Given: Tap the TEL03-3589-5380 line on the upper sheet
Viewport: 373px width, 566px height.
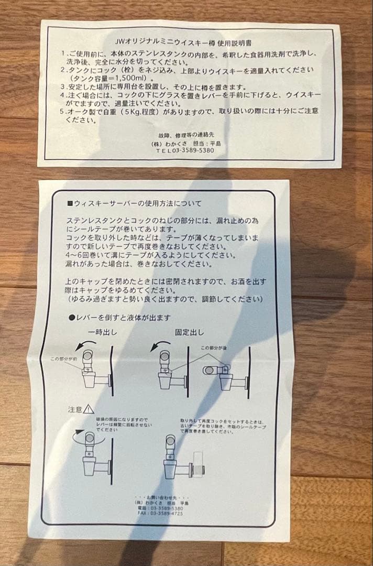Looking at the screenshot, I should point(185,150).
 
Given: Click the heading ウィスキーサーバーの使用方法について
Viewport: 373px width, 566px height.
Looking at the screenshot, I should point(138,203).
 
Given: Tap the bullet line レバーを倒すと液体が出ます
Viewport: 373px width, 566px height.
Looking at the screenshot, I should point(122,318).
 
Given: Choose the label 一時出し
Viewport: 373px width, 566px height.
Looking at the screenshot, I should point(103,332).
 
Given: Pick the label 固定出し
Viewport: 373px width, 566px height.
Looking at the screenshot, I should point(190,332).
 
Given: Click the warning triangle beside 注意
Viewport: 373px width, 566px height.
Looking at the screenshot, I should point(89,409).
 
